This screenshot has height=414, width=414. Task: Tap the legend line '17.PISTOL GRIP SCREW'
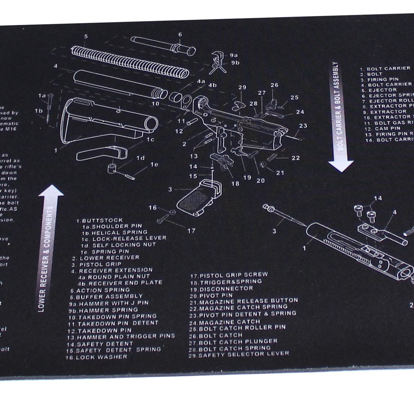click(229, 275)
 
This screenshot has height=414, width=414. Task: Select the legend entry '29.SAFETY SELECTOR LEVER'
click(240, 354)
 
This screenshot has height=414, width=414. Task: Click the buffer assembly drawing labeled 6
click(164, 45)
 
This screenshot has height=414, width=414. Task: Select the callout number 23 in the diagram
click(303, 126)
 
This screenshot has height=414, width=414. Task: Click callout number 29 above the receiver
click(242, 87)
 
